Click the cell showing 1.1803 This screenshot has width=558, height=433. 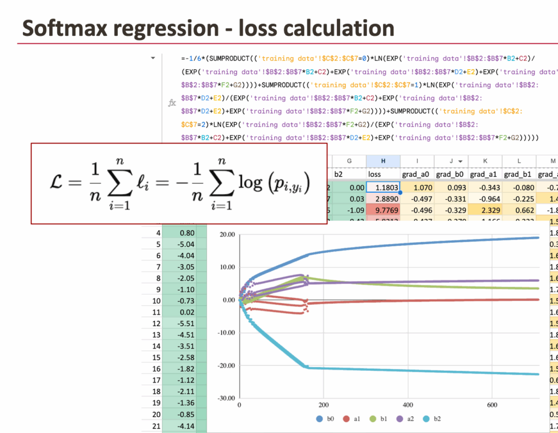tap(383, 188)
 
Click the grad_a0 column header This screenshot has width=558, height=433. tap(417, 174)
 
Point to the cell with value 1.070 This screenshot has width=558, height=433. tap(417, 188)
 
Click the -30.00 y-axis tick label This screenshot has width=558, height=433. tap(223, 398)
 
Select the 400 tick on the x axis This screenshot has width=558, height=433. tap(407, 406)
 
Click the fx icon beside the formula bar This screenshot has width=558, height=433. tap(172, 102)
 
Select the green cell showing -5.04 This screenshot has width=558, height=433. tap(187, 244)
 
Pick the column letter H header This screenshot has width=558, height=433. tap(383, 161)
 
